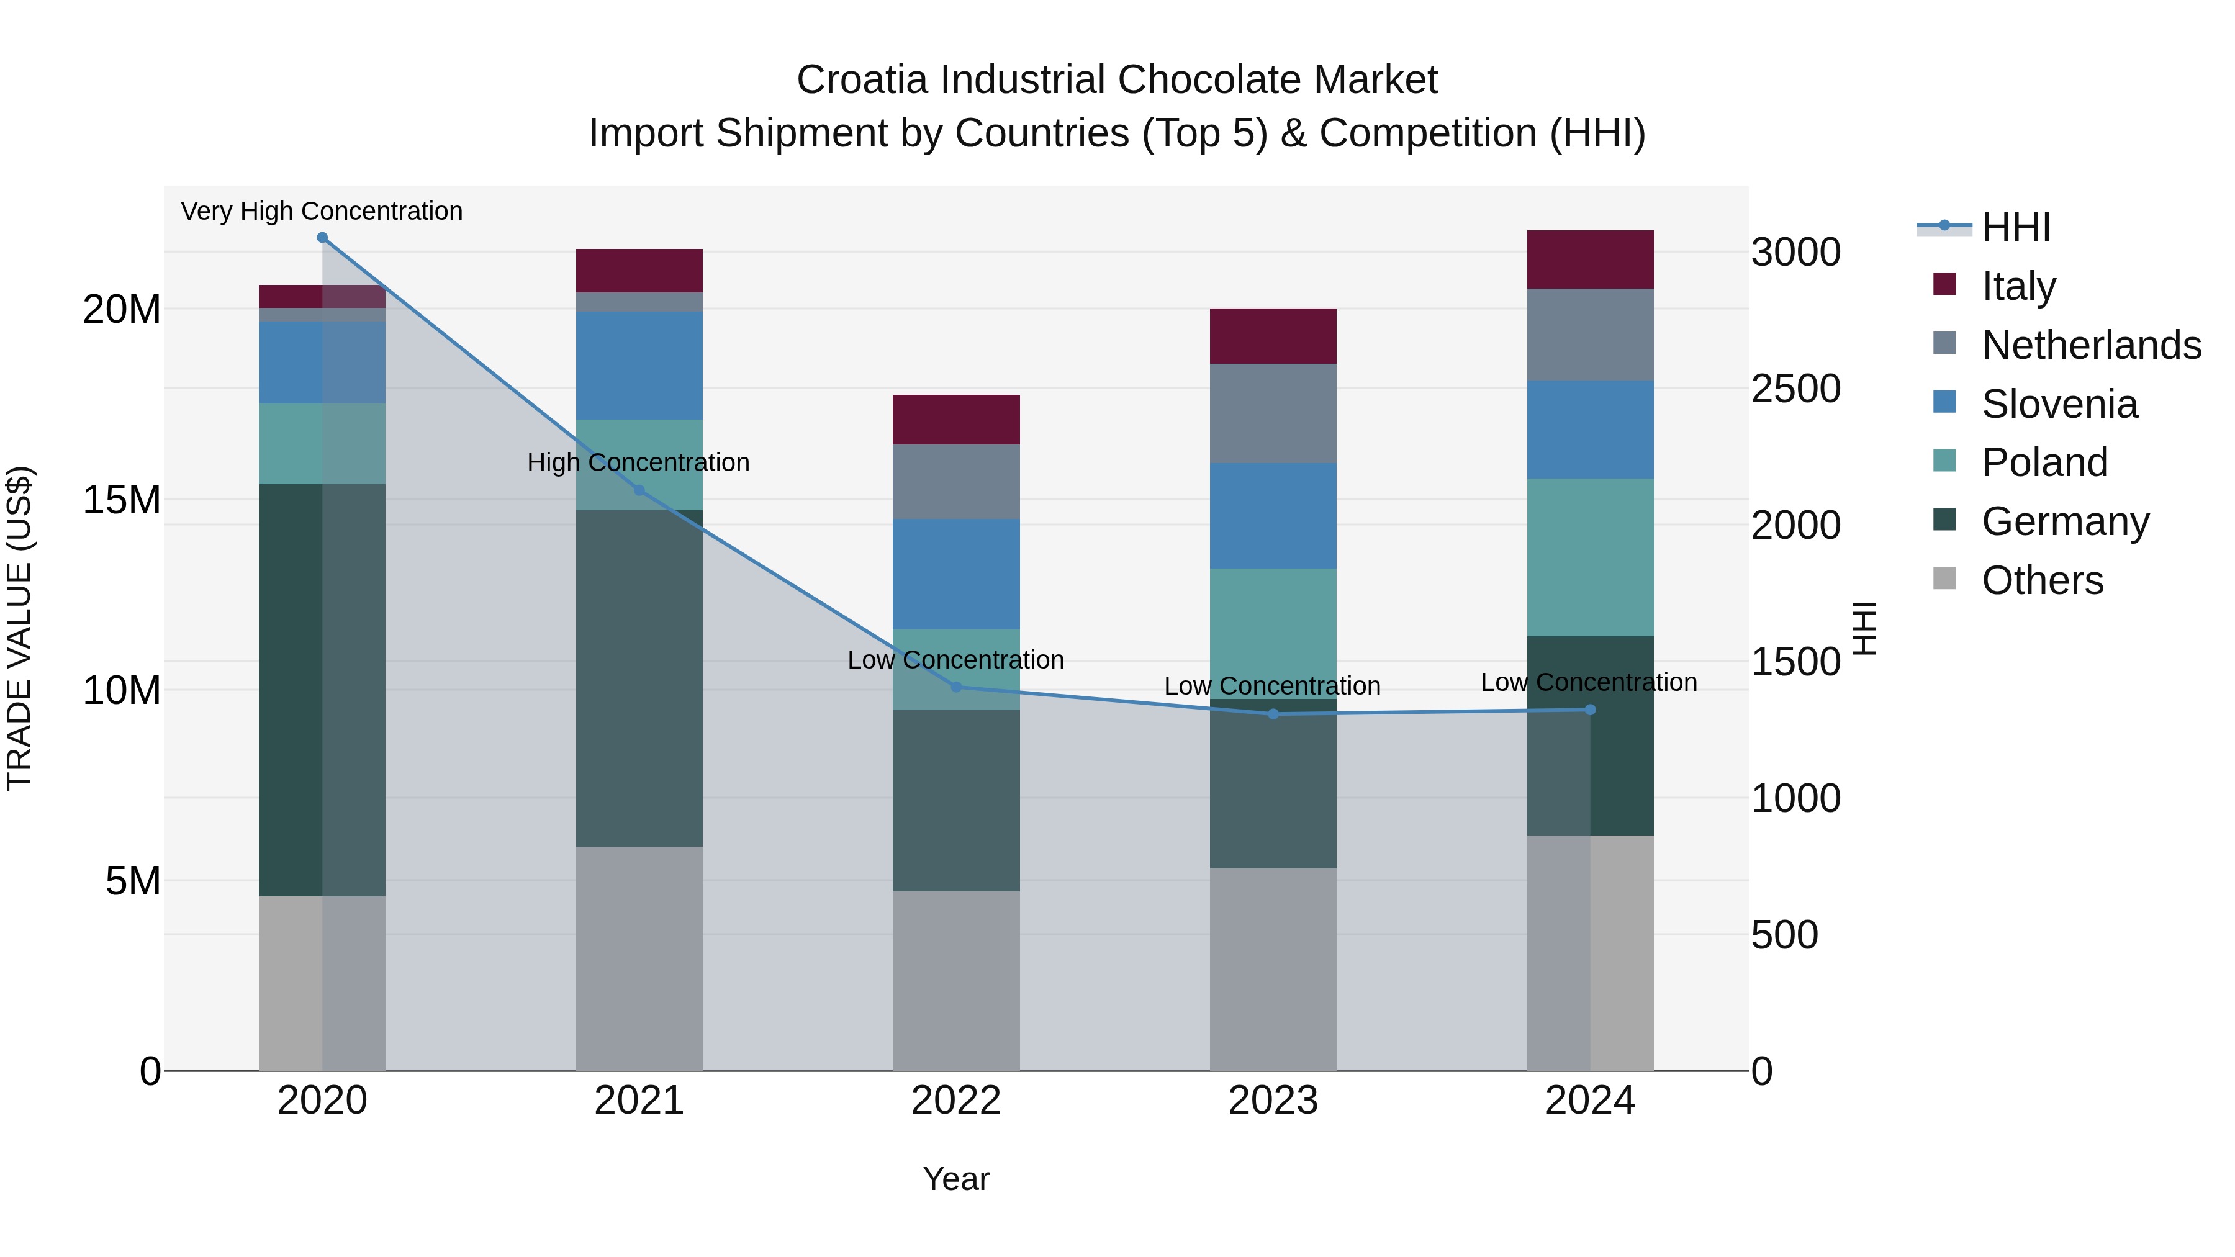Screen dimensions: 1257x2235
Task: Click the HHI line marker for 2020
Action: coord(322,238)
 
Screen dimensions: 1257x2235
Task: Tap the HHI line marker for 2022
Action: coord(956,687)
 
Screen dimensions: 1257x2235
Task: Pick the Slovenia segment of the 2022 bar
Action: coord(956,574)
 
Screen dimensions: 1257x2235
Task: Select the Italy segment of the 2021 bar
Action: coord(639,271)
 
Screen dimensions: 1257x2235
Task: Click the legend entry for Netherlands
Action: coord(2091,345)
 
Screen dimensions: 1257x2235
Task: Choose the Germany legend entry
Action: coord(2065,521)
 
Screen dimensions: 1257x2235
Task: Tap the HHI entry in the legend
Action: coord(2015,227)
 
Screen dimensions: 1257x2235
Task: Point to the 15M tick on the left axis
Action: coord(122,500)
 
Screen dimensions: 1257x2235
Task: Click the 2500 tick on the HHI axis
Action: coord(1795,389)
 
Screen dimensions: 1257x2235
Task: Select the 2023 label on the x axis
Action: coord(1273,1101)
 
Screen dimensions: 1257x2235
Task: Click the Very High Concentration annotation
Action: coord(322,211)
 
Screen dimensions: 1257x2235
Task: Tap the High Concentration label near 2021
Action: coord(639,462)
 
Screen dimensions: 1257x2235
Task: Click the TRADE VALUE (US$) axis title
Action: coord(19,628)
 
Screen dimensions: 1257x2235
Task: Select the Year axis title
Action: coord(956,1179)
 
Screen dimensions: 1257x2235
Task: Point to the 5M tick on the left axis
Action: coord(133,881)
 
